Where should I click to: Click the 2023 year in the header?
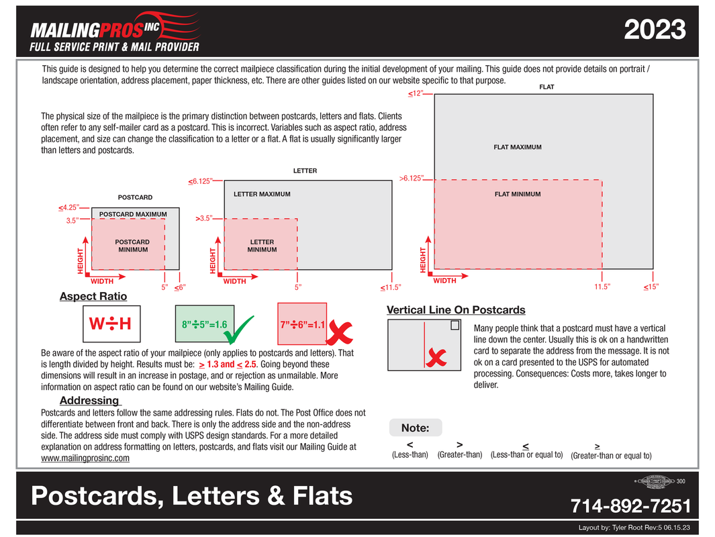(x=655, y=30)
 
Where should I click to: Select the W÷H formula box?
(x=111, y=324)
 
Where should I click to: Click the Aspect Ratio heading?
(x=93, y=296)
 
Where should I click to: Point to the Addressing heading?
(x=89, y=401)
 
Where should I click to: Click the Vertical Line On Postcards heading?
(x=456, y=309)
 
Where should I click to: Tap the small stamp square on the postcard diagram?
(x=455, y=326)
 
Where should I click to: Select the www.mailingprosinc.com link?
(x=85, y=458)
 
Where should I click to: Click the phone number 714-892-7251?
(x=630, y=505)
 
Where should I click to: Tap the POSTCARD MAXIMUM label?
(x=133, y=214)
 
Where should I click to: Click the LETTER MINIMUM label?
(x=262, y=246)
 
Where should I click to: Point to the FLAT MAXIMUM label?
(x=518, y=147)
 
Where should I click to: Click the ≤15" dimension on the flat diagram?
(x=651, y=287)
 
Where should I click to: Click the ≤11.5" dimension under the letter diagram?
(x=390, y=287)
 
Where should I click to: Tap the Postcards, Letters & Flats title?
(x=191, y=495)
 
